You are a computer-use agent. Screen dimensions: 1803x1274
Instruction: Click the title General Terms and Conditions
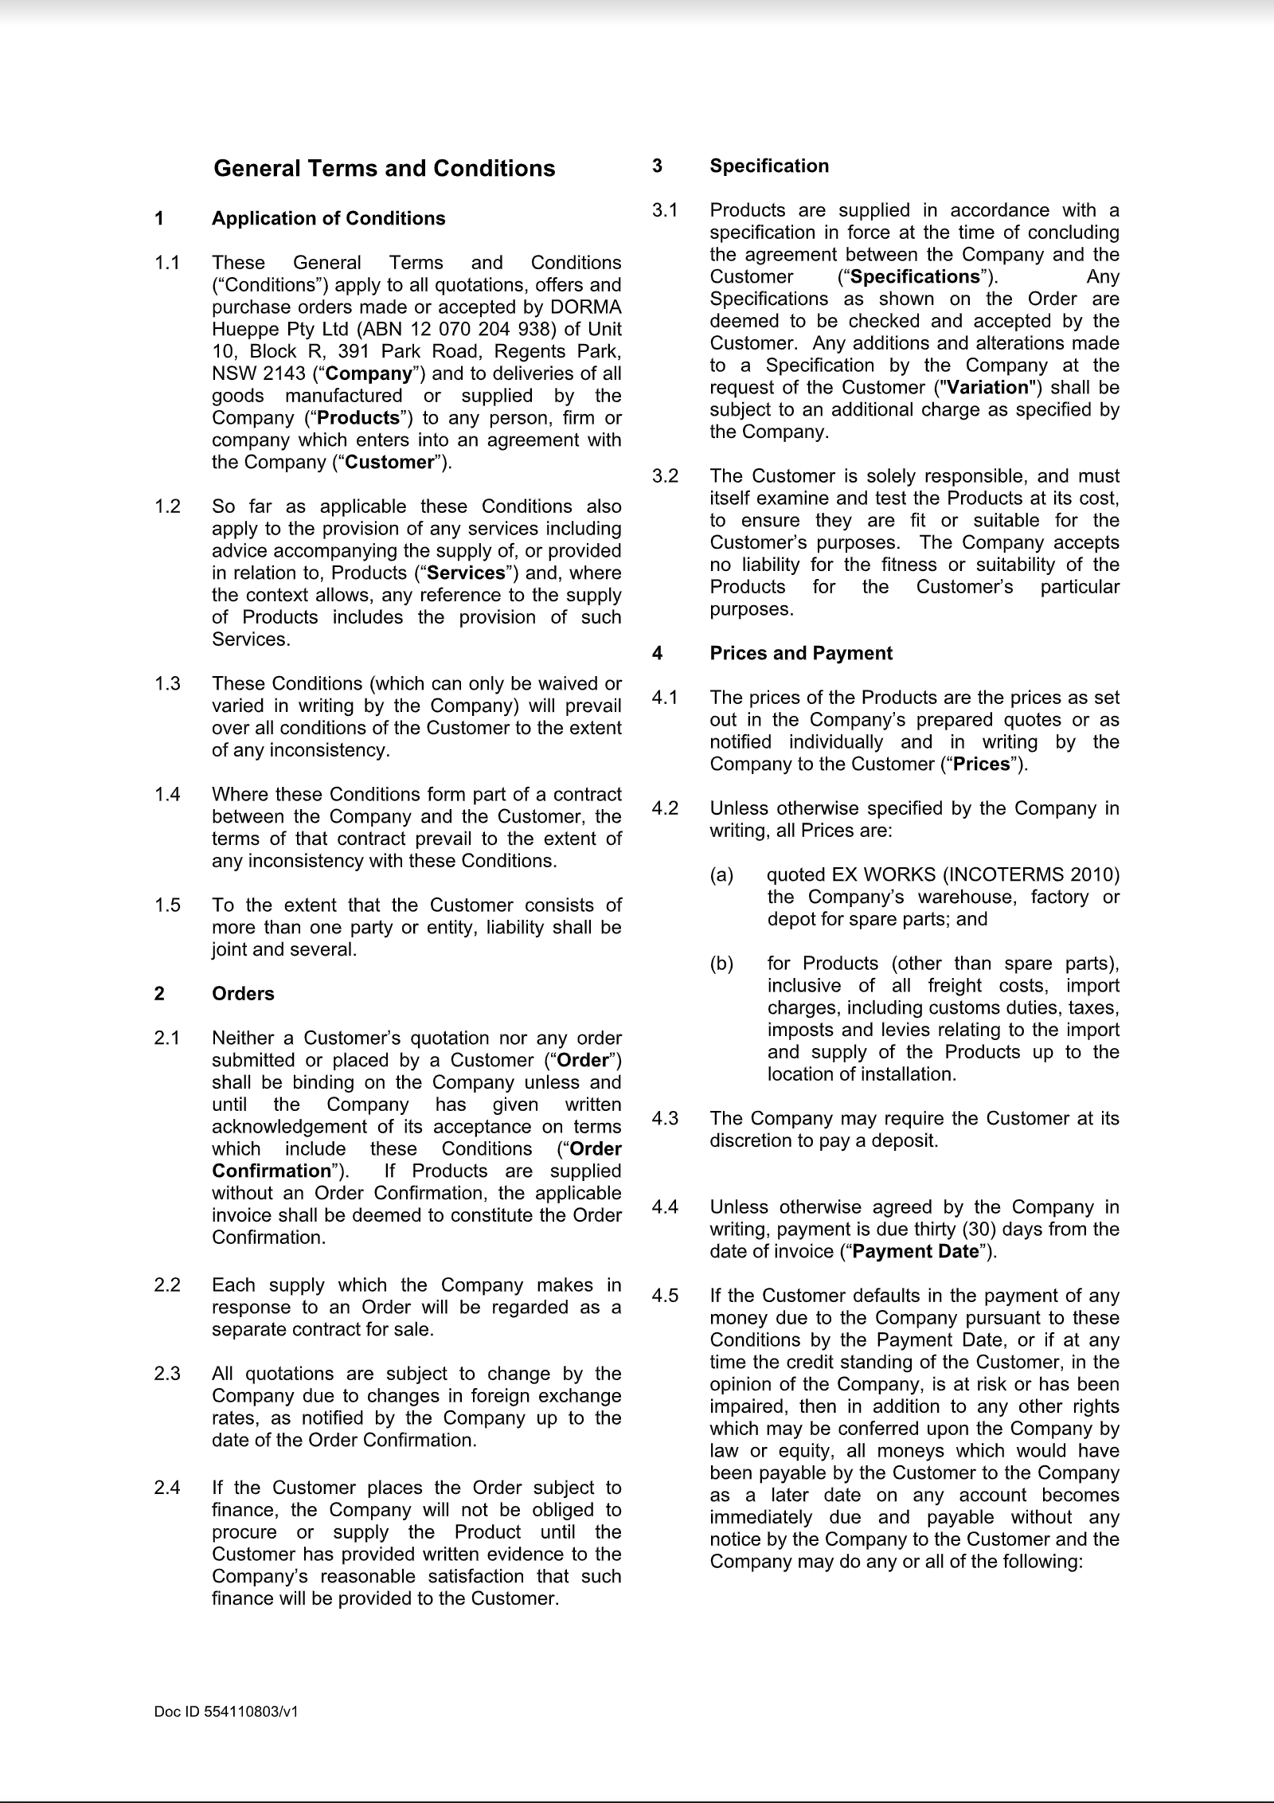tap(385, 169)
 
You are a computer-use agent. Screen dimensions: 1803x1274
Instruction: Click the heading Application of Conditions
tap(328, 219)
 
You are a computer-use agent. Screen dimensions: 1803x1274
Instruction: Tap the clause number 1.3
tap(167, 684)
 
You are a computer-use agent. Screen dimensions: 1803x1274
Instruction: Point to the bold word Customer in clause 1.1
tap(390, 463)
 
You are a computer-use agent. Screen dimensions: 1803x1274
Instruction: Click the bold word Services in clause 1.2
tap(466, 573)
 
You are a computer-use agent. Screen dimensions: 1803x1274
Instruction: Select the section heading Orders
tap(243, 994)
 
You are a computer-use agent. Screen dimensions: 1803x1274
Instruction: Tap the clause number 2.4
tap(167, 1488)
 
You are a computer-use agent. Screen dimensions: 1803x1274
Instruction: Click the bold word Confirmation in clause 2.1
tap(271, 1171)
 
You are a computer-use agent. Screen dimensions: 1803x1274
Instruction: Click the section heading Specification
tap(769, 166)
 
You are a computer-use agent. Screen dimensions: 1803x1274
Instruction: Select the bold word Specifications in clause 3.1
tap(914, 277)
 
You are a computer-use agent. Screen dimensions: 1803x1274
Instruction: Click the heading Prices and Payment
tap(801, 654)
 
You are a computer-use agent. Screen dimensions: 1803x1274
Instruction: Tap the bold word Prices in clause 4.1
tap(981, 765)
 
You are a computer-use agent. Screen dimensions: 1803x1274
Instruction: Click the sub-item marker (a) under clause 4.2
tap(721, 875)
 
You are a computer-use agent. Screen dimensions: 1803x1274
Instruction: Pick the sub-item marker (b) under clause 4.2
tap(721, 964)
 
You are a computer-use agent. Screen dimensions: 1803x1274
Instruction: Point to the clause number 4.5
tap(665, 1296)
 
